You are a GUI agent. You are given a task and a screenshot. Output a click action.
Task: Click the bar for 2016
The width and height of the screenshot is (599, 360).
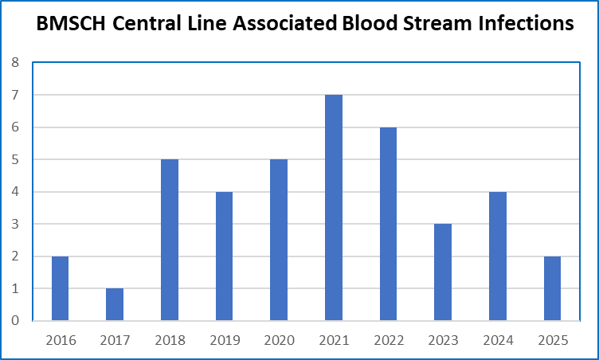61,288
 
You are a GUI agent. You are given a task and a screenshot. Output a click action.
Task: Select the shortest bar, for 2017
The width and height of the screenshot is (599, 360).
115,304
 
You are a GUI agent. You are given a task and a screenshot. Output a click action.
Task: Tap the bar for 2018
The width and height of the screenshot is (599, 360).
170,240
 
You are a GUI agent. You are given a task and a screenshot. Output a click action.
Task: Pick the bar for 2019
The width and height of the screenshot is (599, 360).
224,256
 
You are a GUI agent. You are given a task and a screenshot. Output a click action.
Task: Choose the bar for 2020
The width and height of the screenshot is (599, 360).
279,240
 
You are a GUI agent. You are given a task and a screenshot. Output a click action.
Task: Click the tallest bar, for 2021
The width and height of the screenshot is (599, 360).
334,208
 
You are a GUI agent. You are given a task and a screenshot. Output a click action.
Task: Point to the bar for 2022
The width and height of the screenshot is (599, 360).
388,224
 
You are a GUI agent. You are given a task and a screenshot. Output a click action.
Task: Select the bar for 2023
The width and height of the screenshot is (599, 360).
443,272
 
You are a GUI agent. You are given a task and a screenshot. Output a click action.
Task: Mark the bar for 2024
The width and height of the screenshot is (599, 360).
497,256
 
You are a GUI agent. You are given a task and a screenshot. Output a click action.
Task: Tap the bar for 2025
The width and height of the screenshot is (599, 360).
552,288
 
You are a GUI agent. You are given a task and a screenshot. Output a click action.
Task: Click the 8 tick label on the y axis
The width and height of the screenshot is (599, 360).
15,63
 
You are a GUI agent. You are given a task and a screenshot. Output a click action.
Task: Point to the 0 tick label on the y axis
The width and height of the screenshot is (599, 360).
15,321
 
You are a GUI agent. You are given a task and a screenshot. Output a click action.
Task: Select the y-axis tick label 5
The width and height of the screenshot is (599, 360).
15,160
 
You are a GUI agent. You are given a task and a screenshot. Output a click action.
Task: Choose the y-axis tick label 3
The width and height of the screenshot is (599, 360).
15,225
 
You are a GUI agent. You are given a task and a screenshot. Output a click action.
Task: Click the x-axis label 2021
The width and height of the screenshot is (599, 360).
334,341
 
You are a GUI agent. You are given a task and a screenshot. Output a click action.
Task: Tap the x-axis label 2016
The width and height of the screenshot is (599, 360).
61,341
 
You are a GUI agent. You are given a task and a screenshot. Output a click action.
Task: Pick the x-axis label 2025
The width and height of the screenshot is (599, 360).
552,341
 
